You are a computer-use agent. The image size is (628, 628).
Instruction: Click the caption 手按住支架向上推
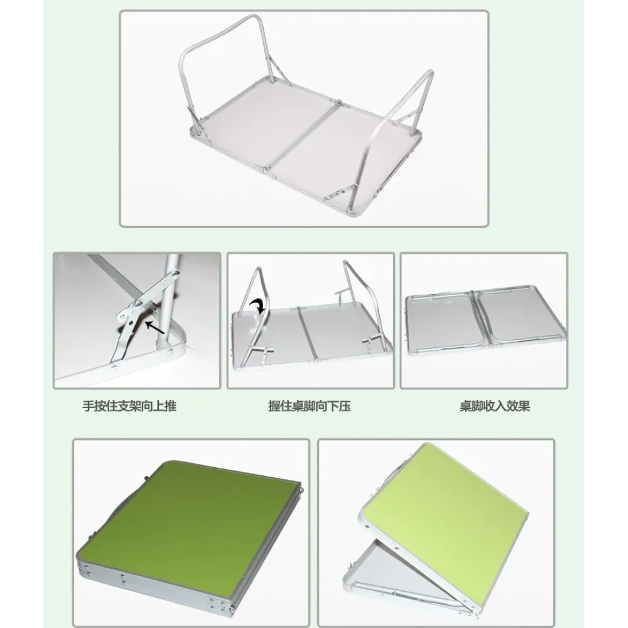pyautogui.click(x=129, y=406)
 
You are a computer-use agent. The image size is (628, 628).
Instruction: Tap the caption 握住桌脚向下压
pyautogui.click(x=310, y=406)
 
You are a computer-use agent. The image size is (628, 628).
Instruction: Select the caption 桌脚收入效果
pyautogui.click(x=495, y=406)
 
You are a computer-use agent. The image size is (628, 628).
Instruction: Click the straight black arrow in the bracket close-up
pyautogui.click(x=154, y=327)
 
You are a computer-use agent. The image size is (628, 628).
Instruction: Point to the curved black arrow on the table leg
pyautogui.click(x=256, y=307)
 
